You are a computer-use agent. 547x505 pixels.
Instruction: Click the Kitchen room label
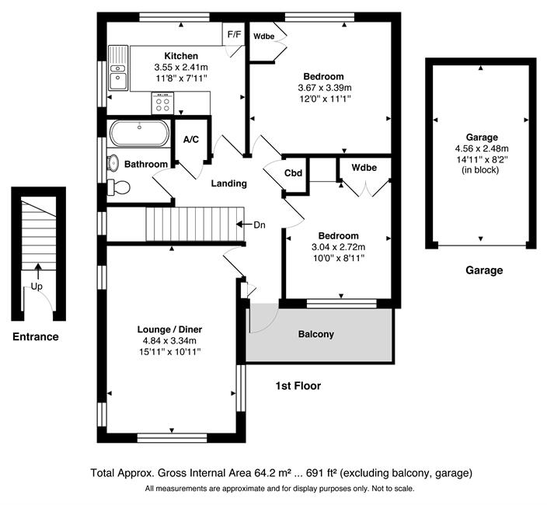[181, 56]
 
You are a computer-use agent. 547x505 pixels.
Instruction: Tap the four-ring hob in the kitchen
[162, 103]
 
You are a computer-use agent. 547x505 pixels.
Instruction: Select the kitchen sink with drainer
[118, 68]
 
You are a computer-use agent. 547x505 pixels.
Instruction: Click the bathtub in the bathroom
[140, 133]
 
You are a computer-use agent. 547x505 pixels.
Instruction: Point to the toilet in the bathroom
[118, 188]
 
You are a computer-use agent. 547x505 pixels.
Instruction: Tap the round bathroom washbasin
[113, 163]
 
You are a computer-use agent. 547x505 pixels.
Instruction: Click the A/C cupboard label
[191, 140]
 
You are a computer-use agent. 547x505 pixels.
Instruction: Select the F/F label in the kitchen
[234, 34]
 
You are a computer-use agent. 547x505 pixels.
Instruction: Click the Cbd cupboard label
[293, 173]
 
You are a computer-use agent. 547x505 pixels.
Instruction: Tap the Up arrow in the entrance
[38, 271]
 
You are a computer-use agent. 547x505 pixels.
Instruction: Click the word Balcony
[316, 334]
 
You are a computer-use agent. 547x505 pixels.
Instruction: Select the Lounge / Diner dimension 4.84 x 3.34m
[169, 341]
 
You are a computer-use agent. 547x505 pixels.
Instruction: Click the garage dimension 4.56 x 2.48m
[482, 148]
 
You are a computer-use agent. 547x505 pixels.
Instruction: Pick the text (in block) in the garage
[480, 170]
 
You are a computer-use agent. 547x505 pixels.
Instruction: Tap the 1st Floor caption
[298, 385]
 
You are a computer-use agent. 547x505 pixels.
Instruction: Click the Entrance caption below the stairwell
[36, 336]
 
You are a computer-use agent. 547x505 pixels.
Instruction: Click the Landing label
[229, 183]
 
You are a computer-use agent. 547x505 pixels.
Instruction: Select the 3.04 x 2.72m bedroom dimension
[339, 247]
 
